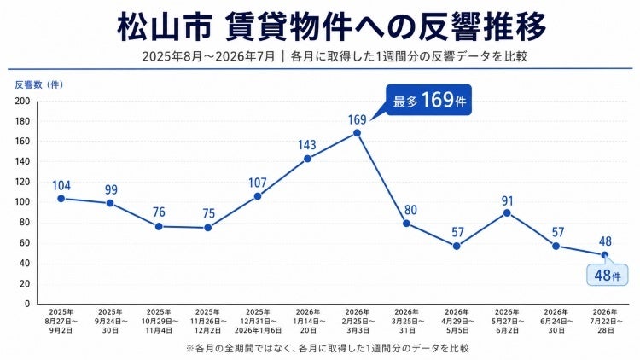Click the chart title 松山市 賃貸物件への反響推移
[331, 27]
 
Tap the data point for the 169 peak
[357, 133]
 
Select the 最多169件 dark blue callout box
[429, 100]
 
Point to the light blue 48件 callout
[608, 275]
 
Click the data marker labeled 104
[61, 199]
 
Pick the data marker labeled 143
[307, 159]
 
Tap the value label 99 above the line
[111, 189]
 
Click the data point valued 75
[207, 228]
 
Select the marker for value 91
[507, 212]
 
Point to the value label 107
[258, 183]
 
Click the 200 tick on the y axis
[22, 102]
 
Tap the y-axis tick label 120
[22, 182]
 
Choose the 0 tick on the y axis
[27, 304]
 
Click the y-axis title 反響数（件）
[39, 85]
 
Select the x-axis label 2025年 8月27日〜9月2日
[61, 322]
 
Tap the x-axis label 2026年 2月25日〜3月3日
[358, 322]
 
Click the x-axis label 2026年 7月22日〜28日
[605, 322]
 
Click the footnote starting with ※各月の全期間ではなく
[328, 348]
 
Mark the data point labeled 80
[406, 224]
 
